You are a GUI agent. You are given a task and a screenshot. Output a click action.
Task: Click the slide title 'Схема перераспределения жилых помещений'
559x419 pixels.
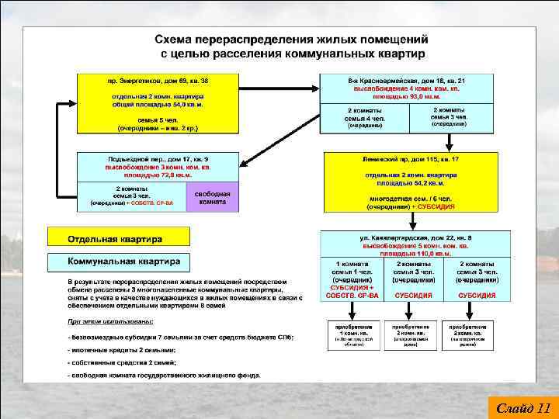[291, 39]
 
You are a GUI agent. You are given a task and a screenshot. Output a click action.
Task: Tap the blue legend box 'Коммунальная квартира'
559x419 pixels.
[124, 261]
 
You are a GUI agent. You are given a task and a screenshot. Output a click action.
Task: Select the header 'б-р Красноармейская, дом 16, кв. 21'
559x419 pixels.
[418, 81]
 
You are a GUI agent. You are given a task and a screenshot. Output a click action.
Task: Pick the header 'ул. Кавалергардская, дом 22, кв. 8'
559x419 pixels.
[416, 236]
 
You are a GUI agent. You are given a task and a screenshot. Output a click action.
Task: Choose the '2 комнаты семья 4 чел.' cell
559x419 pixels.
[364, 117]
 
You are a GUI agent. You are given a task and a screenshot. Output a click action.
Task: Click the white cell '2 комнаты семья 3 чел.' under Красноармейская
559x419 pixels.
[448, 116]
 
